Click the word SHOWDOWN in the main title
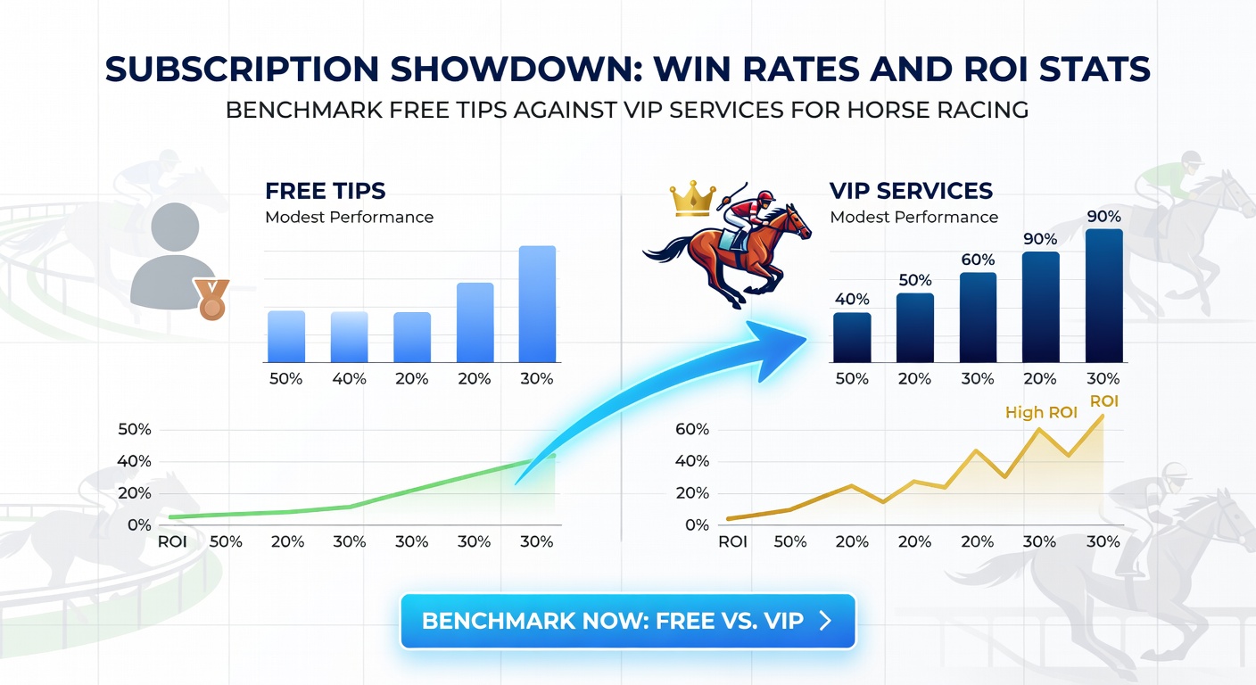point(463,70)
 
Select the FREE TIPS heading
point(325,191)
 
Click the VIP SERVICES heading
point(911,191)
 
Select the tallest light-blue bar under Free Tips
point(536,303)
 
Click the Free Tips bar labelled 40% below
point(349,336)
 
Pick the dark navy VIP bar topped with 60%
point(978,317)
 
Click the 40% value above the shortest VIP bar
point(852,299)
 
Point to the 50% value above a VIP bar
point(914,279)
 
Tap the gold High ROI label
point(1041,413)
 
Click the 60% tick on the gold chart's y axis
point(691,430)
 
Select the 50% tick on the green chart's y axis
point(134,430)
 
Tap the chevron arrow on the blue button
point(825,621)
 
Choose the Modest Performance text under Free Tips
point(349,217)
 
